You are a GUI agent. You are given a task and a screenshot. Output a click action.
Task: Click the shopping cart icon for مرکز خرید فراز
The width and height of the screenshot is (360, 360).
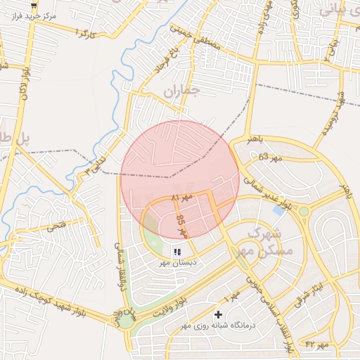click(34, 6)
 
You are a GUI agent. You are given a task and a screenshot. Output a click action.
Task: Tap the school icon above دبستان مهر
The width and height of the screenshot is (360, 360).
click(178, 251)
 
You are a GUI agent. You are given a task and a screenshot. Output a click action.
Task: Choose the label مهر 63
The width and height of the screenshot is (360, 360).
click(269, 157)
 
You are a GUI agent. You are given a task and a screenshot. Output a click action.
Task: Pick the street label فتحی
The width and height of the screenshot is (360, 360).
click(56, 226)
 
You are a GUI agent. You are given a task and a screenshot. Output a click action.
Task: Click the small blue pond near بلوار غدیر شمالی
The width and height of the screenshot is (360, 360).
click(279, 210)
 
